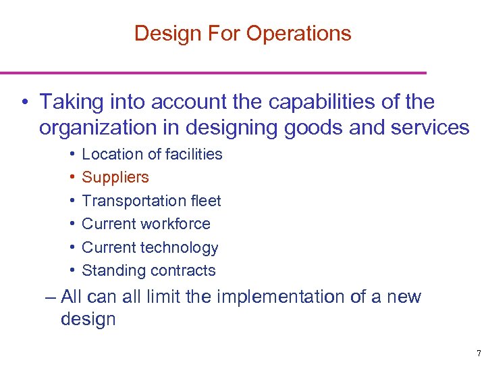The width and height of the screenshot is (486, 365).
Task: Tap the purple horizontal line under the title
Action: (213, 72)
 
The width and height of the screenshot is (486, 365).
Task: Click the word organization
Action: (94, 127)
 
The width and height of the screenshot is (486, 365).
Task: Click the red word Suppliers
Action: (115, 177)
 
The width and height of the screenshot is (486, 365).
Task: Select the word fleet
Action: (205, 201)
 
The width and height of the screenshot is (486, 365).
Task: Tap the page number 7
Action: (478, 354)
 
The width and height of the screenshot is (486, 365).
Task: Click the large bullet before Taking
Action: (24, 103)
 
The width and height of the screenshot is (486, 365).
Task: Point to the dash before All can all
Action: (50, 297)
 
